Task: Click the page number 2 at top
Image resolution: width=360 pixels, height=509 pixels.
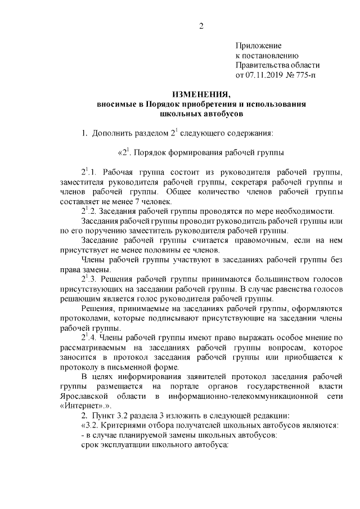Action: pyautogui.click(x=201, y=26)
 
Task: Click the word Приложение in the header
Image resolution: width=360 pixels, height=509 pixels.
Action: pyautogui.click(x=258, y=45)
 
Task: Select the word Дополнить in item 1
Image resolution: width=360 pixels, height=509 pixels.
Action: pyautogui.click(x=111, y=133)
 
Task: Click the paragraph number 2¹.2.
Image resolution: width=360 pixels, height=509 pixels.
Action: pyautogui.click(x=89, y=211)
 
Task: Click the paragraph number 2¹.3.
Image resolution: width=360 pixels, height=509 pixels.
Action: pyautogui.click(x=89, y=279)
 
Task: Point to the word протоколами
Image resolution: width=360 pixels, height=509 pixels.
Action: pyautogui.click(x=80, y=318)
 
